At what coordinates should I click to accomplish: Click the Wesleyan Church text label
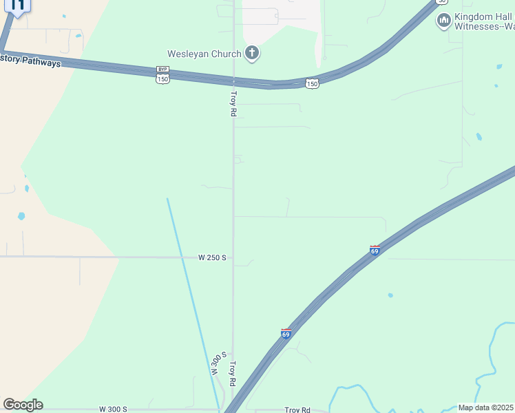point(204,54)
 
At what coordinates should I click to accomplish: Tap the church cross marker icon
point(253,53)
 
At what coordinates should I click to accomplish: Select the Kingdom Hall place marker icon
point(444,21)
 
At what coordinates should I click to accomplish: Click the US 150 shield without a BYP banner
point(313,83)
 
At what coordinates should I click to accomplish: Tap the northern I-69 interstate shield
point(375,250)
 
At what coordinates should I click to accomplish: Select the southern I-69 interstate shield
point(286,333)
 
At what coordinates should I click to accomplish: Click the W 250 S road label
point(212,257)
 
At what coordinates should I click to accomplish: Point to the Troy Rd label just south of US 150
point(233,103)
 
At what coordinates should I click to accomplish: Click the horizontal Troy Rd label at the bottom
point(297,410)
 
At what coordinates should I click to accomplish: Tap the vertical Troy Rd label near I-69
point(233,373)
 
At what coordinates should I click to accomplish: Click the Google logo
point(23,405)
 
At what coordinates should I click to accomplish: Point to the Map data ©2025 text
point(486,407)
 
